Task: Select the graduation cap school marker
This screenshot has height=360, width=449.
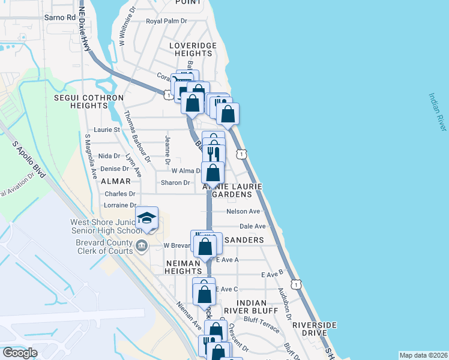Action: click(x=146, y=219)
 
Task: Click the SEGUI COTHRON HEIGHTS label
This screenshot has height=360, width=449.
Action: click(x=89, y=101)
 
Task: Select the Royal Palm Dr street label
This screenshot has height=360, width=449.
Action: click(x=167, y=21)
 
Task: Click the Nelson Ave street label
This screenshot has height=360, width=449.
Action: click(x=243, y=211)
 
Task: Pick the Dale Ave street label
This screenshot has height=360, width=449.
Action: click(x=252, y=226)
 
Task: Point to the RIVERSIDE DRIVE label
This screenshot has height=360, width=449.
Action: click(x=315, y=329)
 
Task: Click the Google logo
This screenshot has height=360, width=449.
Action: click(x=20, y=353)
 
